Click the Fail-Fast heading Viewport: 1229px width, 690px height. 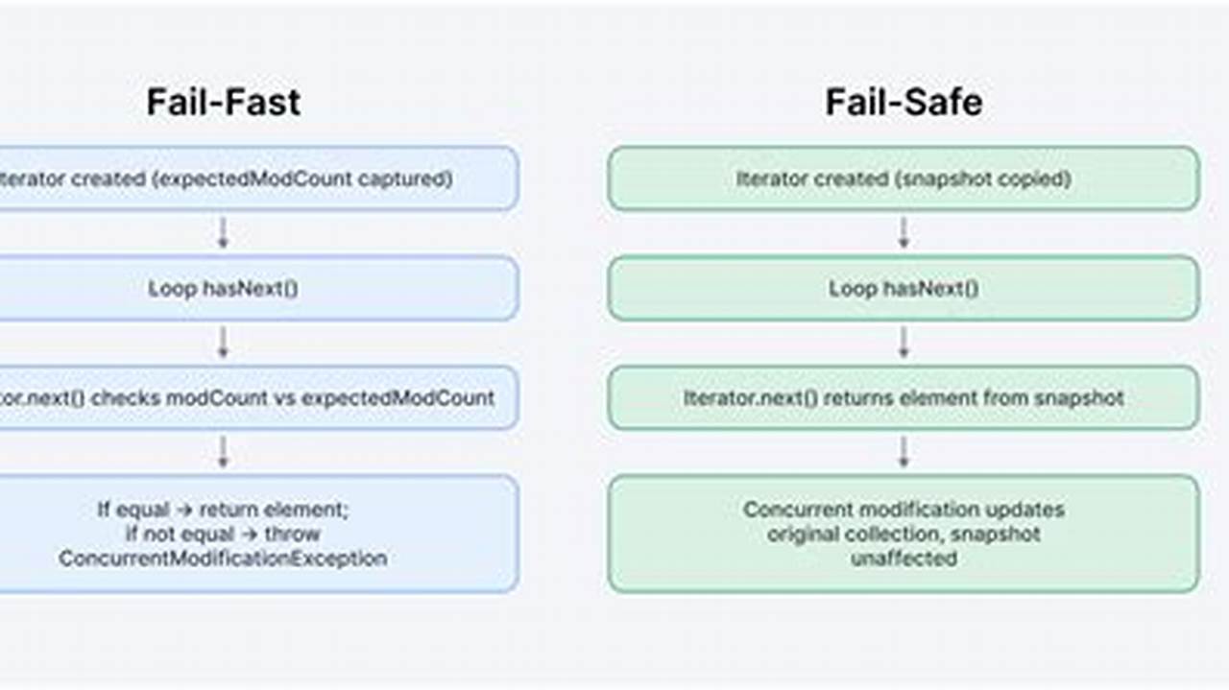(x=223, y=102)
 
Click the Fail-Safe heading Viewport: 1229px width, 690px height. (x=904, y=102)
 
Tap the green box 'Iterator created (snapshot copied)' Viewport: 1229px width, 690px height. (x=904, y=178)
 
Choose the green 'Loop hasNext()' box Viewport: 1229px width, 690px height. (x=904, y=288)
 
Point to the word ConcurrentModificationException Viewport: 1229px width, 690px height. (x=223, y=558)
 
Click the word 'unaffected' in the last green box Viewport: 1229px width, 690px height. (x=904, y=558)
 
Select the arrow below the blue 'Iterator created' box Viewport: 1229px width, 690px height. (x=223, y=233)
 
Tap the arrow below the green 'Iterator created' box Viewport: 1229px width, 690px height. (x=904, y=233)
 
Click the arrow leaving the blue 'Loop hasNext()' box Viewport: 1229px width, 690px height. (x=223, y=343)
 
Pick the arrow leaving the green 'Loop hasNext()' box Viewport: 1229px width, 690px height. (x=904, y=343)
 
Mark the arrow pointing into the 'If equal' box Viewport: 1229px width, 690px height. (x=223, y=452)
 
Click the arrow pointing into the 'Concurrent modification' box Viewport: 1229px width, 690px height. (x=904, y=452)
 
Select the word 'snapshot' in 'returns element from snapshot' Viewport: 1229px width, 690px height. (x=1079, y=397)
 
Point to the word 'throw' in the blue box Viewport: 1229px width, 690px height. (x=293, y=534)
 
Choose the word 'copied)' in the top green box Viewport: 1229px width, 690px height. (x=1040, y=178)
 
